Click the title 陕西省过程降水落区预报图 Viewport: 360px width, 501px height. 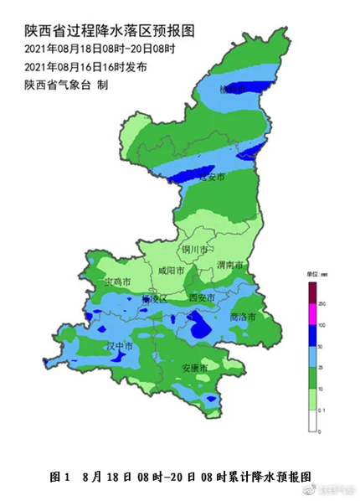pyautogui.click(x=110, y=31)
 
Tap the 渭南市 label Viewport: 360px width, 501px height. pyautogui.click(x=229, y=265)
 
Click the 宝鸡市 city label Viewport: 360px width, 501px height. pyautogui.click(x=117, y=282)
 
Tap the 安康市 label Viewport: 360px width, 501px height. pyautogui.click(x=194, y=368)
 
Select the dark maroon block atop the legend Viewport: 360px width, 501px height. pyautogui.click(x=312, y=292)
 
